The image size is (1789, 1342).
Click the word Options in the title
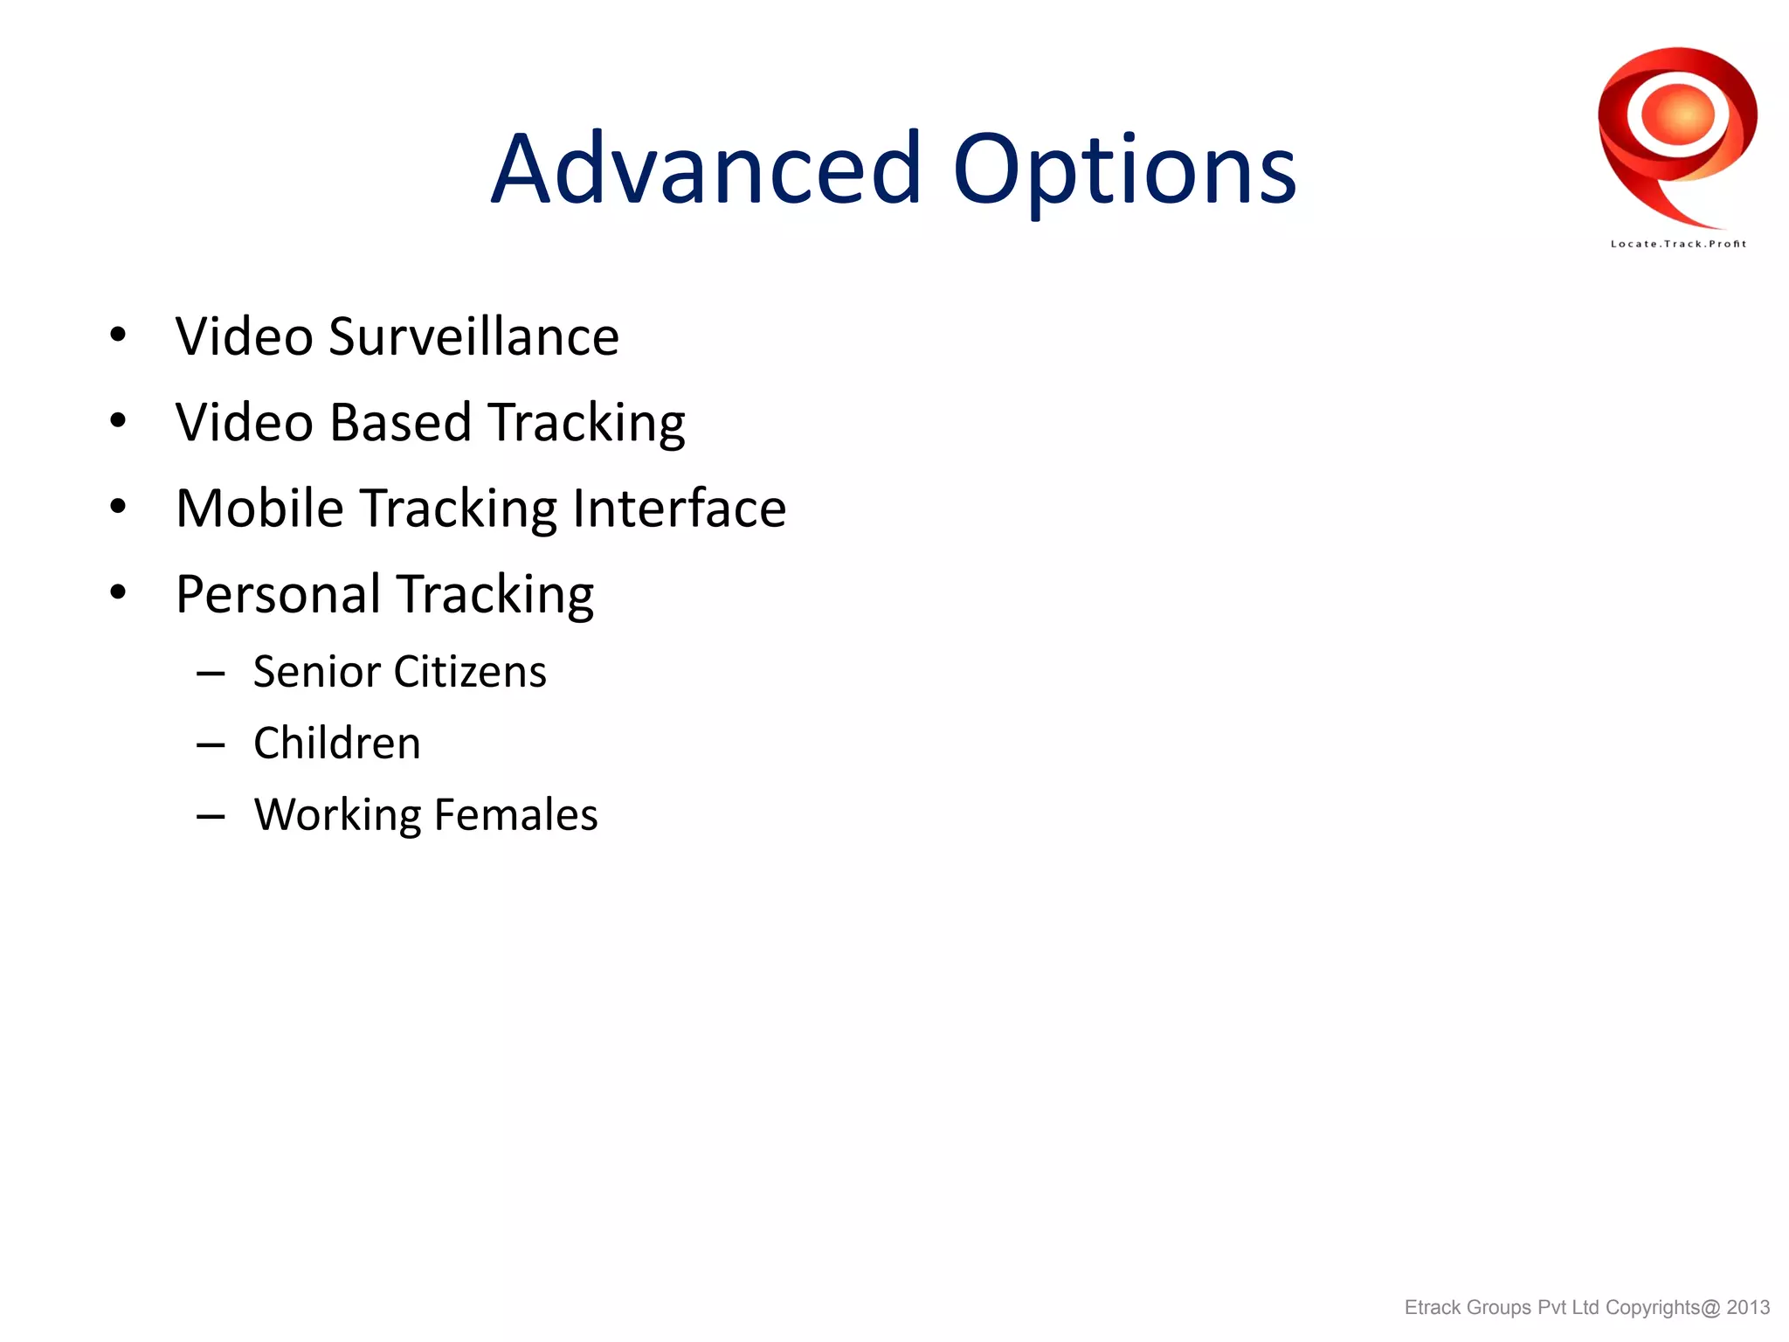tap(1124, 169)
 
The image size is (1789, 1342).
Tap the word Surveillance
tap(473, 336)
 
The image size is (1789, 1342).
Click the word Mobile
tap(260, 508)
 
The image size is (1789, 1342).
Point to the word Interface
tap(679, 508)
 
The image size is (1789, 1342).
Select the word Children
tap(337, 744)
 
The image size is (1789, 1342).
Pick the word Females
tap(515, 814)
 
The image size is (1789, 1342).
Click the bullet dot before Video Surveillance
tap(119, 335)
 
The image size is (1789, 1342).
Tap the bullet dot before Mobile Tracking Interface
tap(119, 507)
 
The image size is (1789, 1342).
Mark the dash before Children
tap(211, 745)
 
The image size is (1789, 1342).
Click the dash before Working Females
tap(211, 817)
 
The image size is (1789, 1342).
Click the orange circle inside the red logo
tap(1678, 115)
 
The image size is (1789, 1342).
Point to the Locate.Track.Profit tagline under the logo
tap(1678, 244)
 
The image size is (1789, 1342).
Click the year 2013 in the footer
tap(1748, 1307)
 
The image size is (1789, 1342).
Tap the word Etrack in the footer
tap(1433, 1307)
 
